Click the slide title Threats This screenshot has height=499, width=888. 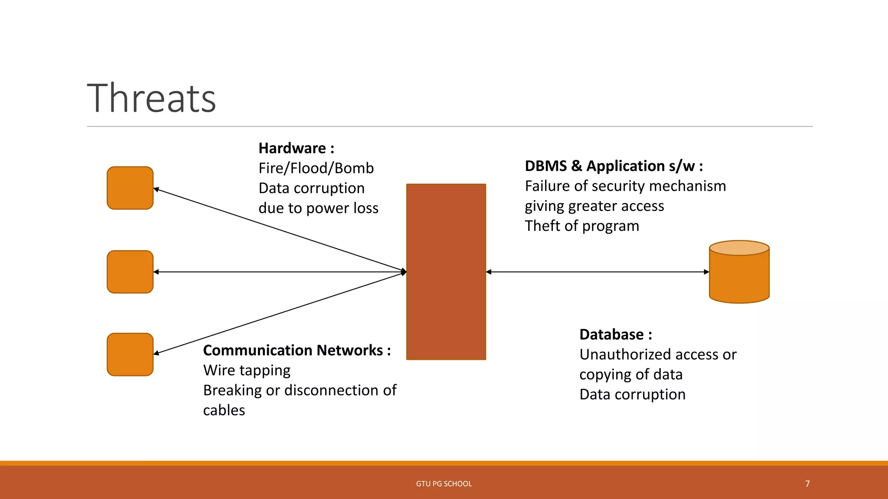tap(151, 98)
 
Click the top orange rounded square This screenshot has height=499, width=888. tap(130, 188)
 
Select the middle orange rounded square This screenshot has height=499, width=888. tap(130, 272)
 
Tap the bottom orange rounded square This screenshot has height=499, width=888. tap(130, 354)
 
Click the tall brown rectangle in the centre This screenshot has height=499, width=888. tap(446, 272)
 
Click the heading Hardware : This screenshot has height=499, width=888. tap(296, 148)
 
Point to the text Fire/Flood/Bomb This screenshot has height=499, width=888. tap(316, 168)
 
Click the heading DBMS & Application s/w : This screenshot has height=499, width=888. tap(614, 166)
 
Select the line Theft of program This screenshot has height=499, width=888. tap(581, 226)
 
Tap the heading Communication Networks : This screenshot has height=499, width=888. tap(297, 350)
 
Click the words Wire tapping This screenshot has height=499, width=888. tap(247, 370)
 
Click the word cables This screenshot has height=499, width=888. tap(224, 410)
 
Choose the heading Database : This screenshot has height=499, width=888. tap(615, 334)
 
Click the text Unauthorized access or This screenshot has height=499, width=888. tap(657, 354)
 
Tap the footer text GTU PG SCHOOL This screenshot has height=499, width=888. tap(444, 483)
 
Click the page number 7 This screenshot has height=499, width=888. tap(807, 483)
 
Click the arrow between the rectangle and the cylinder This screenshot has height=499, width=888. tap(597, 272)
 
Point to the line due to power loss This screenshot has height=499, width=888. tap(318, 208)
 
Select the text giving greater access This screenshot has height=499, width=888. tap(594, 206)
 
